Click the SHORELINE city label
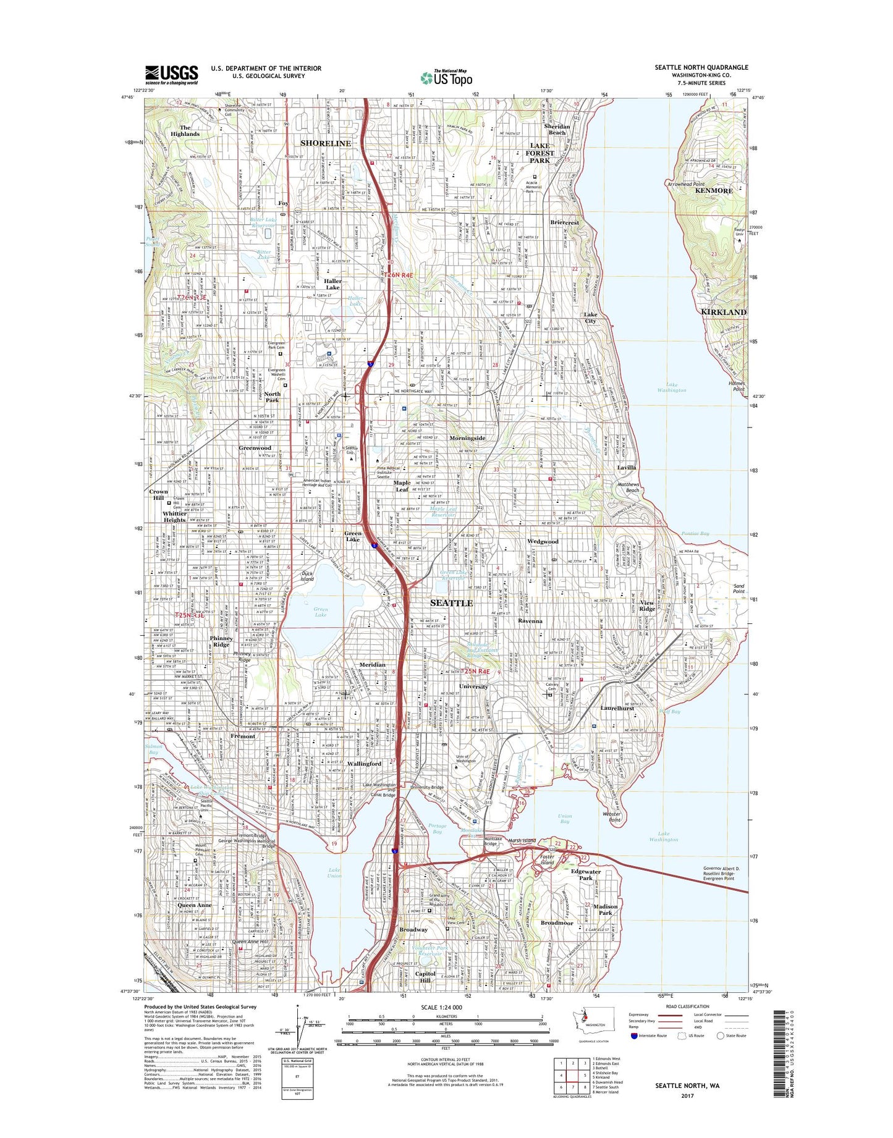pyautogui.click(x=325, y=143)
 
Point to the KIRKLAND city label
pyautogui.click(x=724, y=312)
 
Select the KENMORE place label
pyautogui.click(x=714, y=191)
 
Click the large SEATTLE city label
pyautogui.click(x=451, y=603)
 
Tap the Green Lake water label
pyautogui.click(x=320, y=612)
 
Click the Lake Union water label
pyautogui.click(x=334, y=872)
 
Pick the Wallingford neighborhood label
pyautogui.click(x=364, y=764)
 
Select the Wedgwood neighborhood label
pyautogui.click(x=543, y=541)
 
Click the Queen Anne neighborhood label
pyautogui.click(x=195, y=905)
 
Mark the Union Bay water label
pyautogui.click(x=564, y=819)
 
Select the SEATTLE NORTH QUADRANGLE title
pyautogui.click(x=701, y=67)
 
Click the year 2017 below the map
pyautogui.click(x=687, y=1095)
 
